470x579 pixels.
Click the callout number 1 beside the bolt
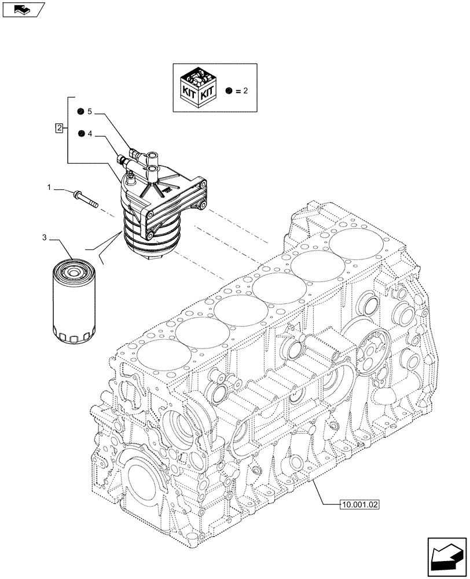pyautogui.click(x=50, y=188)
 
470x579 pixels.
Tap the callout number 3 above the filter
pyautogui.click(x=44, y=237)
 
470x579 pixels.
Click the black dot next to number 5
pyautogui.click(x=82, y=111)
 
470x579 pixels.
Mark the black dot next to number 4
pyautogui.click(x=82, y=134)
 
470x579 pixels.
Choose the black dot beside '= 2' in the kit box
pyautogui.click(x=230, y=91)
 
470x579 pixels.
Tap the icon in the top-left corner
pyautogui.click(x=23, y=9)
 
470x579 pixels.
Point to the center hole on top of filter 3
pyautogui.click(x=72, y=269)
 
